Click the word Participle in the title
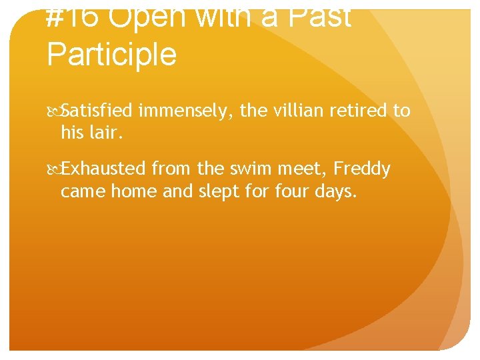pyautogui.click(x=111, y=53)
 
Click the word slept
pyautogui.click(x=216, y=191)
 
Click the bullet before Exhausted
pyautogui.click(x=55, y=170)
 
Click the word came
pyautogui.click(x=83, y=191)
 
